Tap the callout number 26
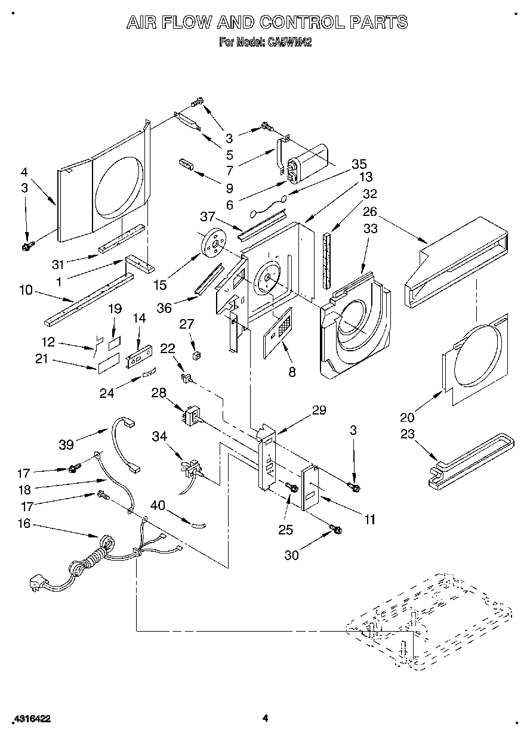[370, 211]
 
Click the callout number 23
[408, 434]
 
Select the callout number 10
[26, 290]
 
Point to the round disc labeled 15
[214, 240]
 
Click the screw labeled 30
[336, 528]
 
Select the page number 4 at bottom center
[265, 718]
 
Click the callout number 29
[319, 410]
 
